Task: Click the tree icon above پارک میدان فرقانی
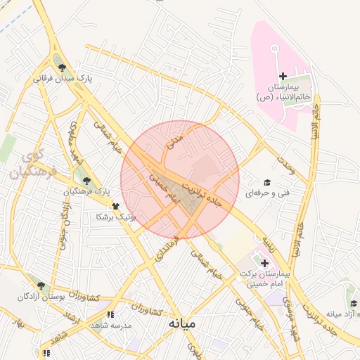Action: tap(63, 67)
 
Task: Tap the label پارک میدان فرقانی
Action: tap(63, 79)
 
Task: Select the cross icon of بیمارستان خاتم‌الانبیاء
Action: tap(283, 76)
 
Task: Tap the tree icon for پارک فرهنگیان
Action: tap(86, 180)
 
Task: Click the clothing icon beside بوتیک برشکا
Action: tap(116, 207)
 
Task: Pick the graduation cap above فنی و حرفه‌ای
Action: tap(266, 181)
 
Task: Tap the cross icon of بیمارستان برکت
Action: tap(255, 262)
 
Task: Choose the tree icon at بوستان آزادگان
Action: tap(41, 285)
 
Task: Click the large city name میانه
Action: tap(182, 323)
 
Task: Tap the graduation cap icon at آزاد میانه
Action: tap(354, 303)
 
